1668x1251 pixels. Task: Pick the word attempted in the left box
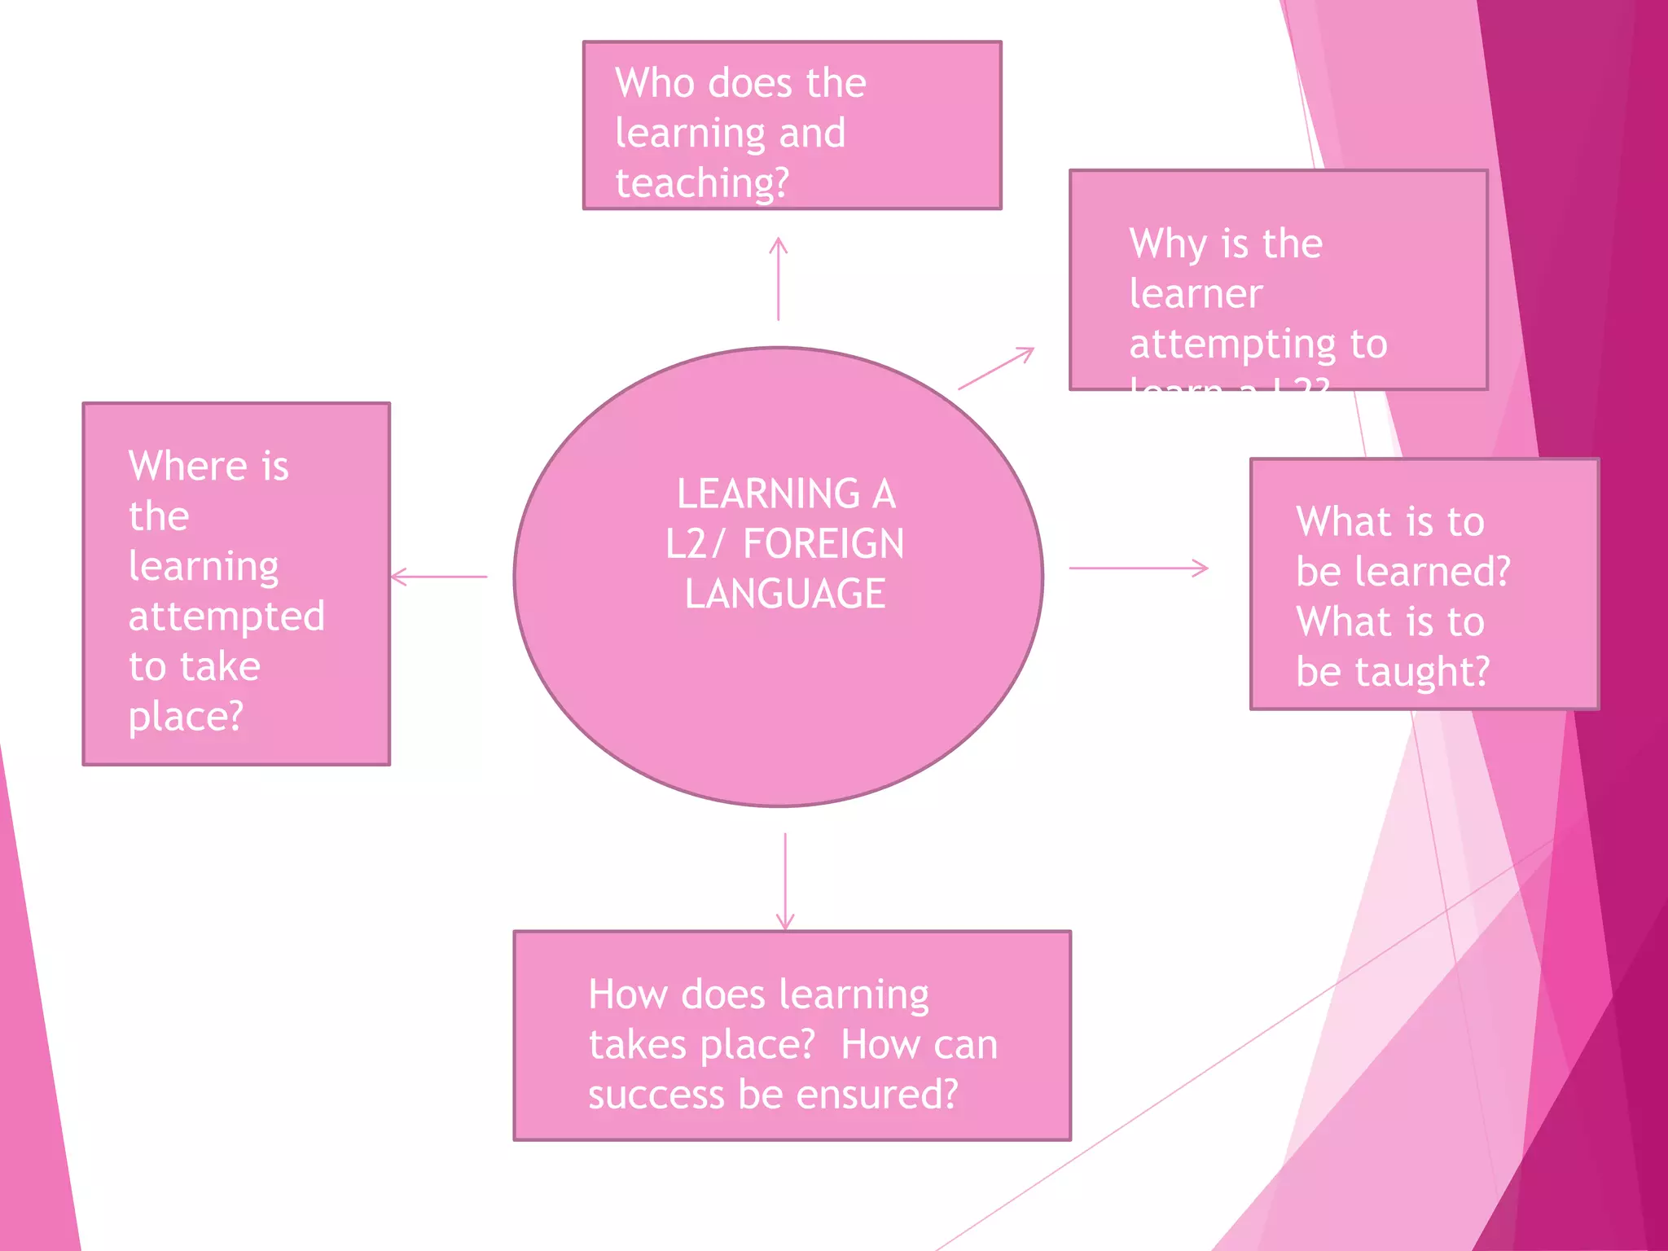[x=226, y=617]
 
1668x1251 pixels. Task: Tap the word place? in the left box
[x=186, y=718]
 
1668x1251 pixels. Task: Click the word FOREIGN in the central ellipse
[x=823, y=544]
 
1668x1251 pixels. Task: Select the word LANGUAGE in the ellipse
[x=785, y=594]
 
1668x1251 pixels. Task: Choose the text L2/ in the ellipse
[x=694, y=544]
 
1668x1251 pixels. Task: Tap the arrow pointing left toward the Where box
[x=439, y=577]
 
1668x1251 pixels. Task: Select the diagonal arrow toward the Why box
[x=996, y=368]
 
